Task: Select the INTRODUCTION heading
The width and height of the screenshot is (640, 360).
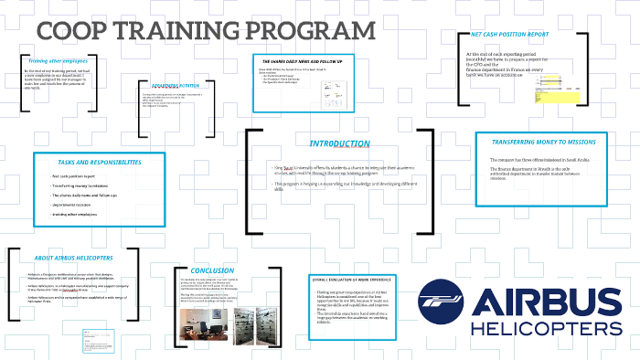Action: (x=338, y=143)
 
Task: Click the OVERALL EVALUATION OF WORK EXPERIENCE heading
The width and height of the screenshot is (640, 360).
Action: (x=357, y=281)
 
